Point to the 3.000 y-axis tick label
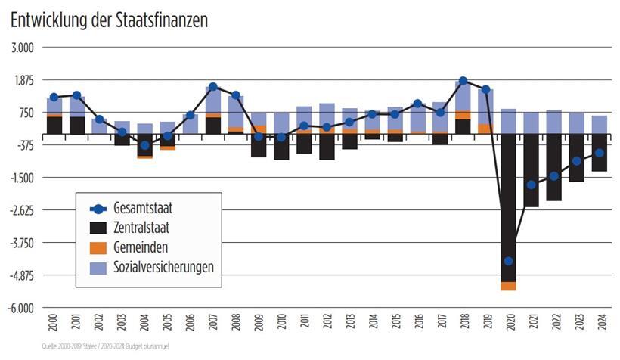(x=21, y=48)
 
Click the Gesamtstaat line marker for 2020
(x=509, y=261)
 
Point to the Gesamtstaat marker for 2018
(x=463, y=81)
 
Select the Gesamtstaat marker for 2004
(x=144, y=145)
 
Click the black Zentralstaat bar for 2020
(x=509, y=204)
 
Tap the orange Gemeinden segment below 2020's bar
(x=509, y=286)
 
